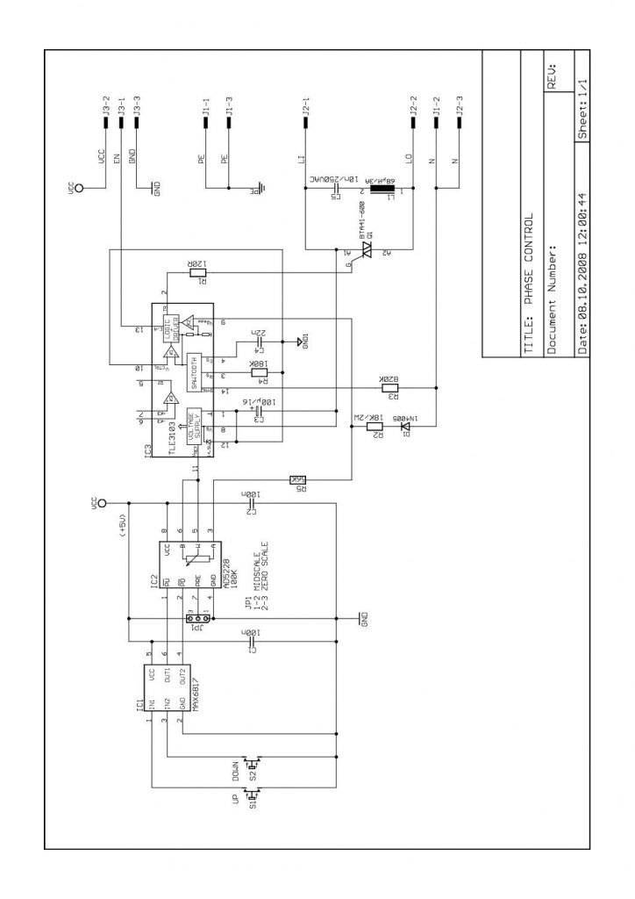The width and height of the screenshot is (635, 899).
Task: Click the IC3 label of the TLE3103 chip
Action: click(x=148, y=453)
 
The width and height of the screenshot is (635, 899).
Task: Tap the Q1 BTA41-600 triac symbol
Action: click(x=366, y=252)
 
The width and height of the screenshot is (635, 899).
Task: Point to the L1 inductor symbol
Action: click(x=382, y=188)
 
